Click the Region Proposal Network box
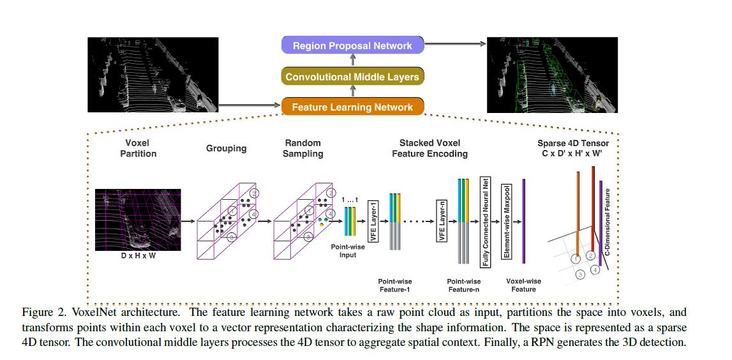click(x=352, y=45)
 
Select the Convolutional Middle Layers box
click(x=352, y=77)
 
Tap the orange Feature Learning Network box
click(x=352, y=107)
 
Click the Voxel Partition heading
click(x=138, y=148)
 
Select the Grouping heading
click(x=226, y=148)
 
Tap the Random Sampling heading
click(x=303, y=148)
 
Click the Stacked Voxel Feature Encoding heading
click(x=429, y=148)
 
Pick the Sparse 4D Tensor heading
click(x=572, y=148)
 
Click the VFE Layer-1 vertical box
click(x=375, y=220)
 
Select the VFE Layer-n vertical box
click(x=441, y=220)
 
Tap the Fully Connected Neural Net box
click(x=485, y=220)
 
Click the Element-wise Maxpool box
click(x=506, y=220)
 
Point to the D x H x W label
click(x=138, y=257)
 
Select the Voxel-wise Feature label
click(x=523, y=285)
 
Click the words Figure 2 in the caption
click(x=43, y=313)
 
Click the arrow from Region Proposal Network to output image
click(x=454, y=43)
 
